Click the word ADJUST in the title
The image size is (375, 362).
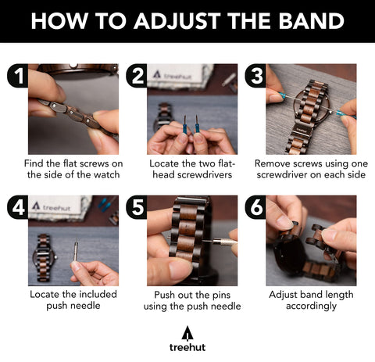tap(177, 21)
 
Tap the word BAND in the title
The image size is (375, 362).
tap(312, 20)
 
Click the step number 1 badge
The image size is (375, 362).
tap(18, 76)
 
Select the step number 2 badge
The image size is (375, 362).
tap(137, 76)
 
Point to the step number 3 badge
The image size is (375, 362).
tap(255, 76)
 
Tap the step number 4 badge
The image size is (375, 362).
tap(18, 207)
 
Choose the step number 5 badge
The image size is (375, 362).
tap(137, 207)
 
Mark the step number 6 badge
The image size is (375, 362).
tap(255, 207)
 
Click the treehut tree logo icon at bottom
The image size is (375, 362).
tap(187, 333)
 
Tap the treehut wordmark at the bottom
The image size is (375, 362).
tap(187, 347)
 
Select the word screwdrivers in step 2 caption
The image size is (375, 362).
tap(208, 174)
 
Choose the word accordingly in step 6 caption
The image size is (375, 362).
tap(311, 306)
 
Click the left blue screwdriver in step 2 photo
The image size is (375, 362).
tap(185, 124)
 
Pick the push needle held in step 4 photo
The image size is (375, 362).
tap(76, 250)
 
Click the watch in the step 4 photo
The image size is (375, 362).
tap(44, 258)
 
